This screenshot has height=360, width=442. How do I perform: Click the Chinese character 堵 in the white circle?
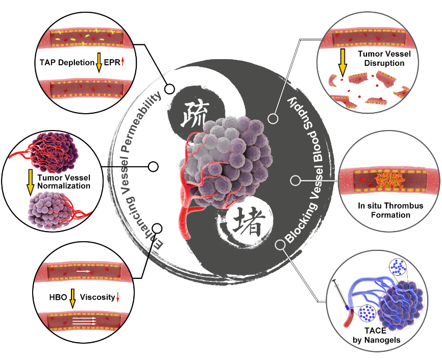click(242, 223)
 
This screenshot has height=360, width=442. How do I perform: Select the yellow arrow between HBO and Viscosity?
click(72, 297)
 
